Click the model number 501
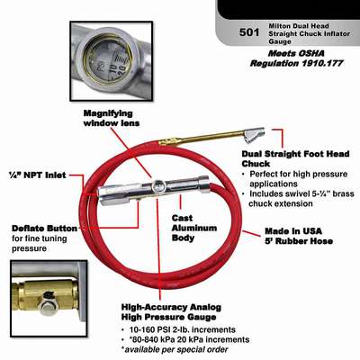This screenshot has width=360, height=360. [x=249, y=32]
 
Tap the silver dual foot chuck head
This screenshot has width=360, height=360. [x=254, y=134]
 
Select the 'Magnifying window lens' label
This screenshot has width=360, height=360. [x=112, y=118]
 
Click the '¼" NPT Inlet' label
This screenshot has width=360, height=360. [x=38, y=175]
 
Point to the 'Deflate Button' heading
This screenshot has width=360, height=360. [x=44, y=229]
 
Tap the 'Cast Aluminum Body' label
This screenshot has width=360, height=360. [x=194, y=228]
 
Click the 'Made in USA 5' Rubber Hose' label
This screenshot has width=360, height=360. [x=299, y=236]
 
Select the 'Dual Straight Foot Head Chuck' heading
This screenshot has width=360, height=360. [x=295, y=158]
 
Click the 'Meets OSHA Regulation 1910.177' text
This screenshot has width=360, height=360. [x=297, y=58]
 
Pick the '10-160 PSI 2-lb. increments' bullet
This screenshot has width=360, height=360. [x=178, y=329]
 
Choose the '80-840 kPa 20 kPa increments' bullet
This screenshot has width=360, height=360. [x=185, y=339]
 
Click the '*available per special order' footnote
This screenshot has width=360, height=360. [x=175, y=349]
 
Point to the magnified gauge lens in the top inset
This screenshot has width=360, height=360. [x=108, y=61]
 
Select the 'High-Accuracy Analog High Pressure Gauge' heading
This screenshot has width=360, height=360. [x=171, y=312]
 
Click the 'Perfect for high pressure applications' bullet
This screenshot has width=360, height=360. [x=298, y=179]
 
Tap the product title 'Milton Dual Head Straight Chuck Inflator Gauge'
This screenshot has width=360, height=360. [x=309, y=33]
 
